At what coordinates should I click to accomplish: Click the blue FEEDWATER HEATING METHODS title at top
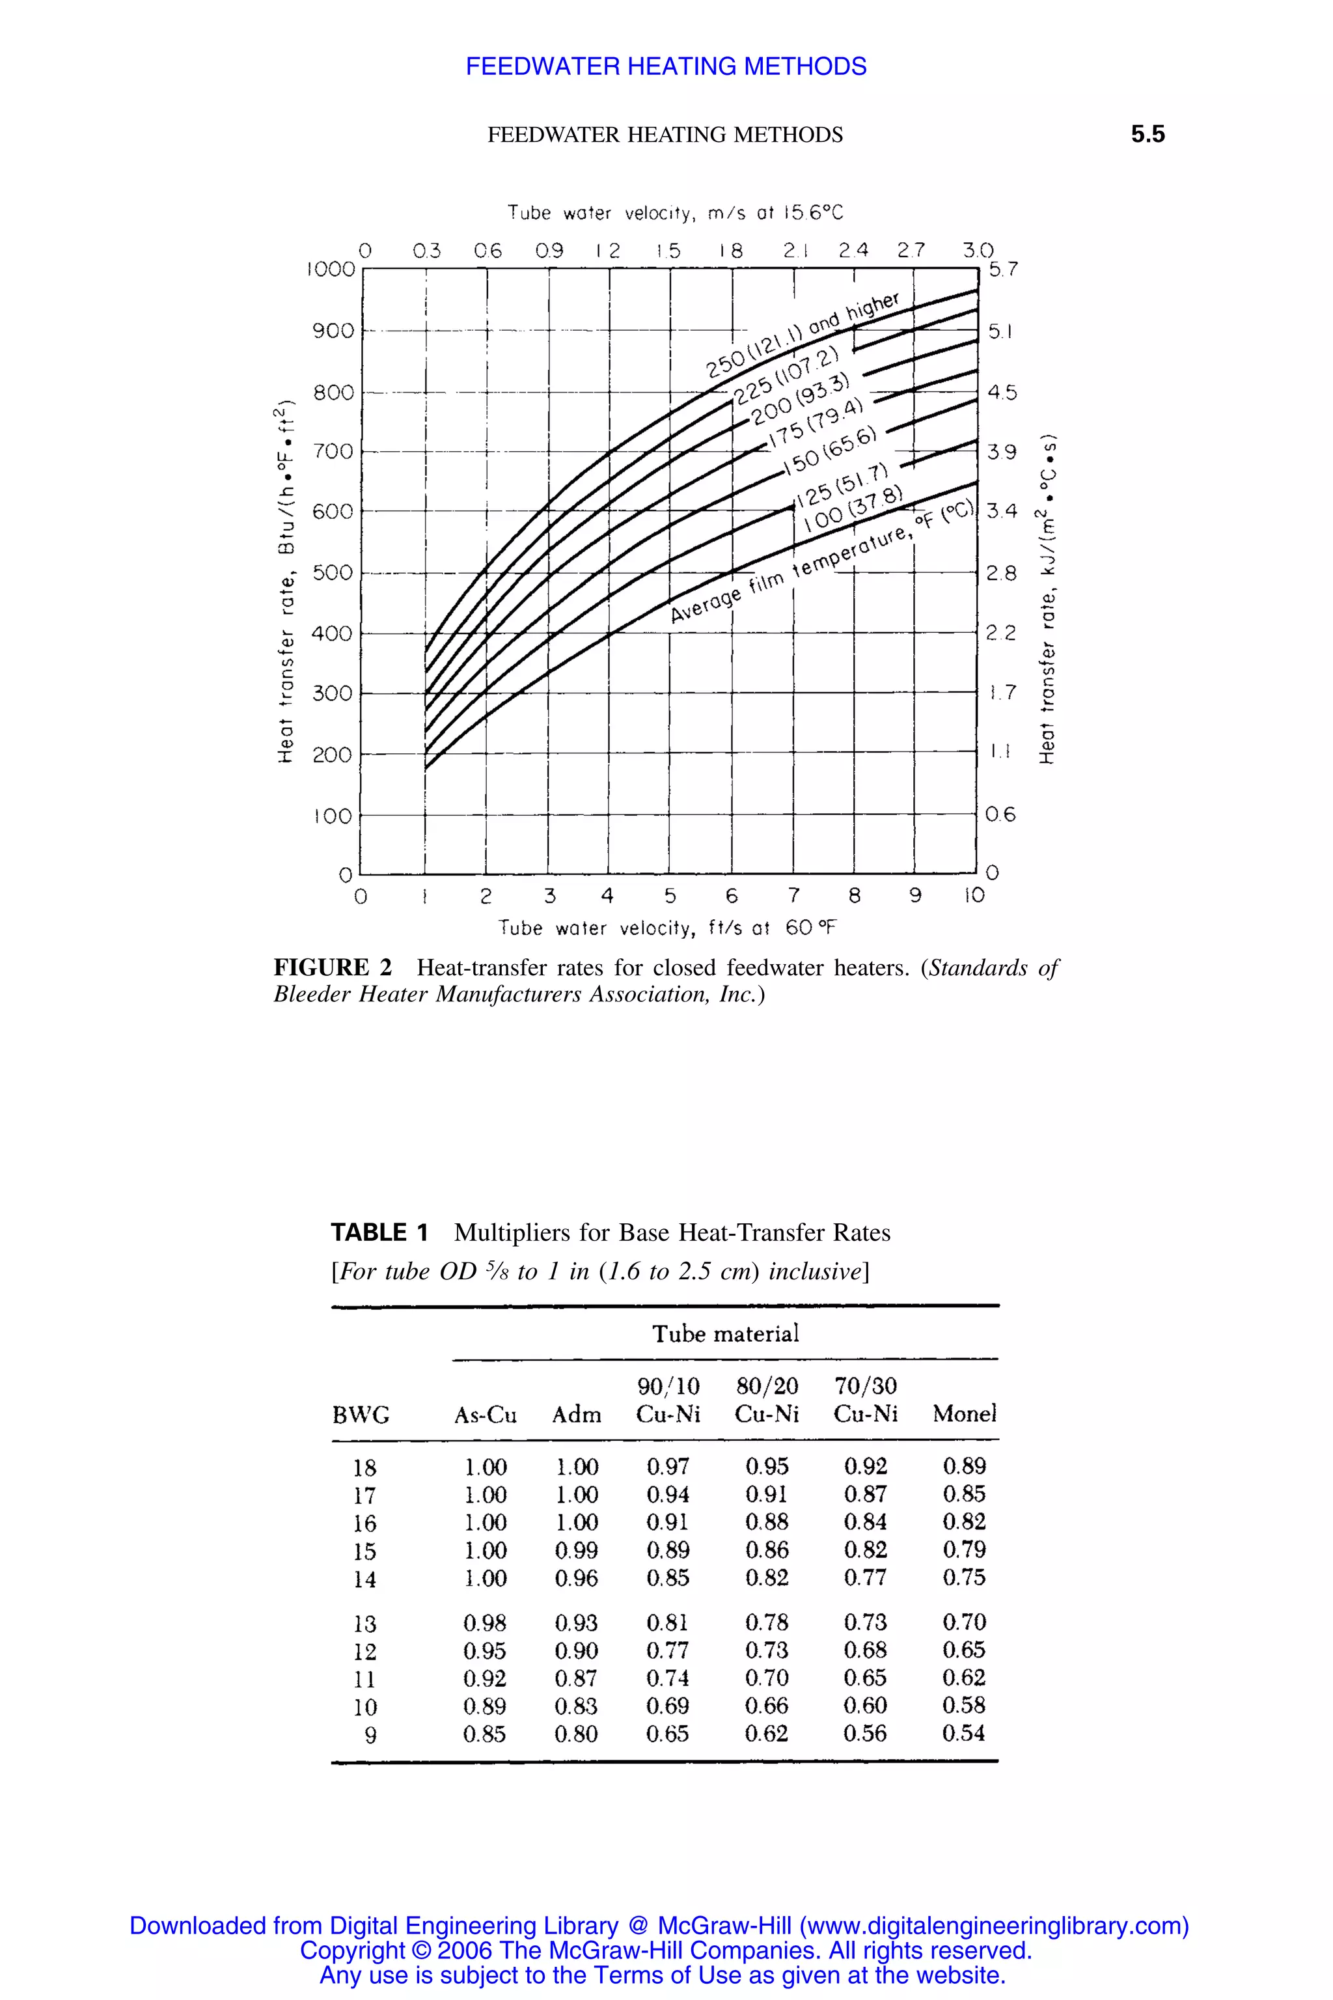pos(666,66)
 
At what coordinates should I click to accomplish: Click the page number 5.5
pos(1147,134)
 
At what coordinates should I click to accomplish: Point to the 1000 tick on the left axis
pos(331,270)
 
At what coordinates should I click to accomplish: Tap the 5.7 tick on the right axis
pos(1002,270)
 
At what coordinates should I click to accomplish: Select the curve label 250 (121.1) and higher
pos(802,336)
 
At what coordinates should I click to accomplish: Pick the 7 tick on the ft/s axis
pos(793,895)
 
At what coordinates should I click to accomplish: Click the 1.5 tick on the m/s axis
pos(668,251)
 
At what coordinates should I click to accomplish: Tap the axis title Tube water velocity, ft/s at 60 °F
pos(666,928)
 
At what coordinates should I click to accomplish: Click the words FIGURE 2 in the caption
pos(333,967)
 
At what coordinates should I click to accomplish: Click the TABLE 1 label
pos(379,1232)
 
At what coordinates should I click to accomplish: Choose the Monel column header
pos(964,1413)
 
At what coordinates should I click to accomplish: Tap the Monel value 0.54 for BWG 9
pos(963,1732)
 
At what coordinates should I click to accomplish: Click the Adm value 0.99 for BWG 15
pos(577,1550)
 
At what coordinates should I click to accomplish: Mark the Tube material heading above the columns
pos(725,1333)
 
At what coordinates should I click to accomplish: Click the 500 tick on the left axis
pos(333,572)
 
